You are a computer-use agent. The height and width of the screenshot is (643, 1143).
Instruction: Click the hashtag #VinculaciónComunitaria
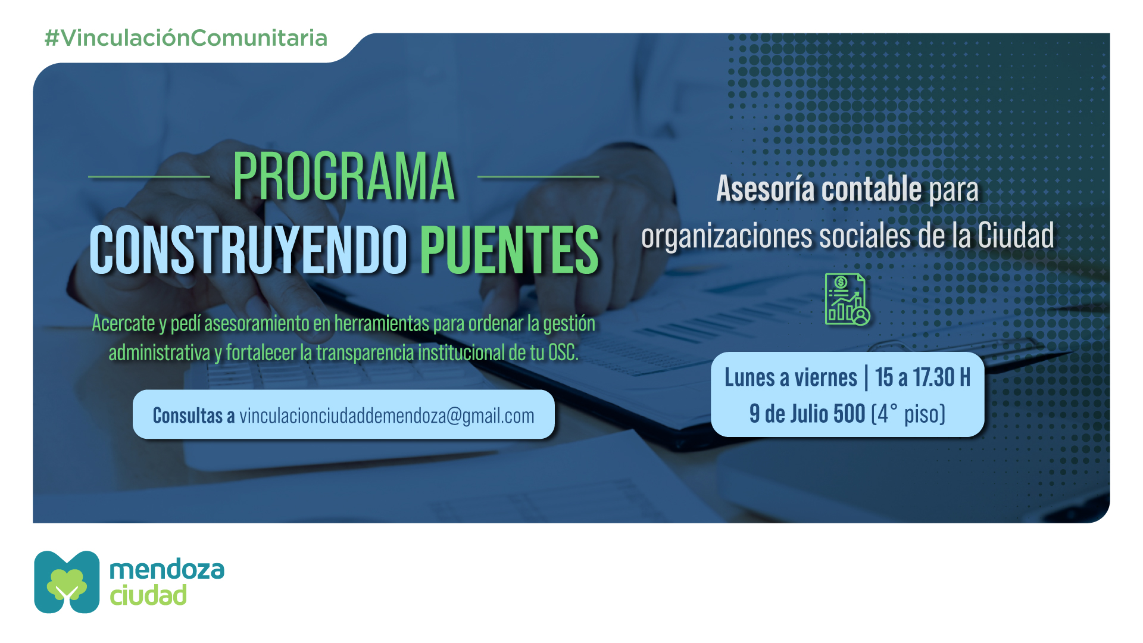186,38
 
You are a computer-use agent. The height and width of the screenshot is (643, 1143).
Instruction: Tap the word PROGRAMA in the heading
343,176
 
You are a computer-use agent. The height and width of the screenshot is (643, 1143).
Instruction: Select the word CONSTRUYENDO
249,250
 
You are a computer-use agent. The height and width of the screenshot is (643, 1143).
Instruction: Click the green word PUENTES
510,250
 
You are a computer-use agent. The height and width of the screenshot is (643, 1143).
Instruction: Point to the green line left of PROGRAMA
149,177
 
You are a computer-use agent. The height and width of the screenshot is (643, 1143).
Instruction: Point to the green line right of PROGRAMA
538,177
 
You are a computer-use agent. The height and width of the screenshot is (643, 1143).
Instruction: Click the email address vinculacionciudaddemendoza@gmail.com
387,416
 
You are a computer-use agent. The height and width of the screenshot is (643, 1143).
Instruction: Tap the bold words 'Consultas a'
193,416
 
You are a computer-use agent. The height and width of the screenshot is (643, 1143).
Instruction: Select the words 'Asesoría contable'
819,189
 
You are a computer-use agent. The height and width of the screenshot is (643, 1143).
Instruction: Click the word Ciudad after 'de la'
1016,236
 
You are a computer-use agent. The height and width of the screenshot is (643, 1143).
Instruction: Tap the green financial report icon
847,299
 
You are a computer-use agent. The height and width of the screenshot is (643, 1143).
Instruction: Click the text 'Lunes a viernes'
791,377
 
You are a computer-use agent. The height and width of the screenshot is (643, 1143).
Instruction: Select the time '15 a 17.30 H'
923,377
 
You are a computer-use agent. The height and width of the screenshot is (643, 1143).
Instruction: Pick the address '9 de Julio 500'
807,414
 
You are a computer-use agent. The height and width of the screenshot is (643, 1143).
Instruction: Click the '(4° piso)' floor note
908,414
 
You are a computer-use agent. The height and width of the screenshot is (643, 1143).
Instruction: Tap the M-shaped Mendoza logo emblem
67,582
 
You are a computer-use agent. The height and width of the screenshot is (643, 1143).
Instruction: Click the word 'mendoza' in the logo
167,570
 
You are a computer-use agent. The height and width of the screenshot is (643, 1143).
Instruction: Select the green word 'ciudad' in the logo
148,595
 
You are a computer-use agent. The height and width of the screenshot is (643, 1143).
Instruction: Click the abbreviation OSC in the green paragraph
563,352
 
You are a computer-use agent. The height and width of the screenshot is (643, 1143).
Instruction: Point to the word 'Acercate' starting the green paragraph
123,323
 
